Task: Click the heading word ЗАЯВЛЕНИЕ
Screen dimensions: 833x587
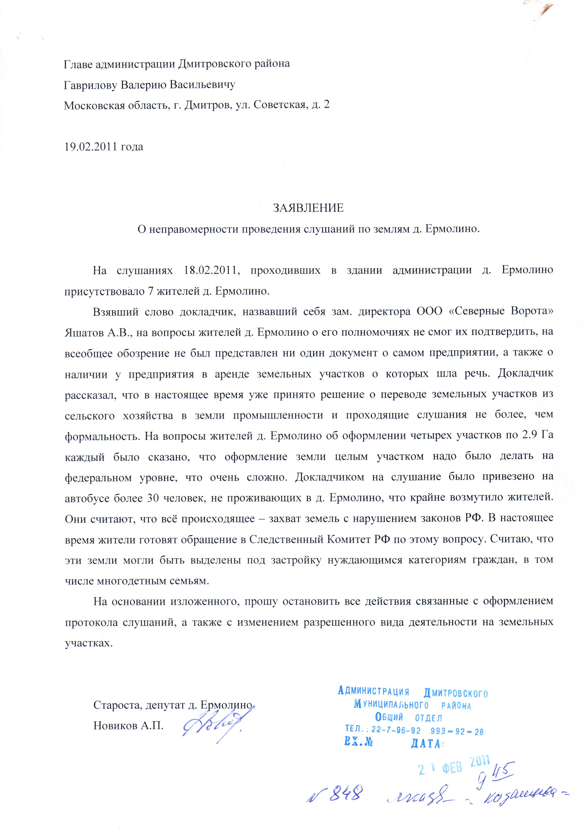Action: click(308, 208)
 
